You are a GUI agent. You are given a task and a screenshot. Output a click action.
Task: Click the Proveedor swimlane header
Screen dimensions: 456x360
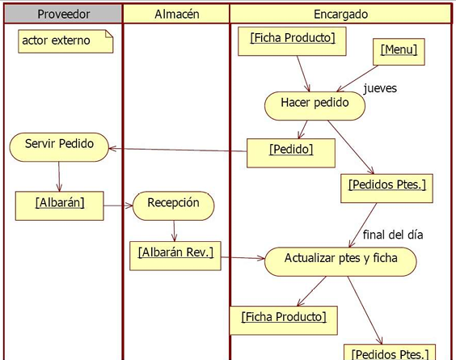click(63, 14)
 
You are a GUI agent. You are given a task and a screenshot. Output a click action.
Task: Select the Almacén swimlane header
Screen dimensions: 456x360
click(176, 14)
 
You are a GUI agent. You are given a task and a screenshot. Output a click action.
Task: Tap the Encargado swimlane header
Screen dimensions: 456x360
click(340, 14)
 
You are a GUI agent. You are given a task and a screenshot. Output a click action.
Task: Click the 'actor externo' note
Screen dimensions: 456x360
click(65, 41)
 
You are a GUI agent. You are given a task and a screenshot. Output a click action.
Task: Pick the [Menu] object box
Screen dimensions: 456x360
click(399, 52)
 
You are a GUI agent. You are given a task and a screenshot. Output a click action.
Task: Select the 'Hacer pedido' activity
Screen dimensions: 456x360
click(315, 106)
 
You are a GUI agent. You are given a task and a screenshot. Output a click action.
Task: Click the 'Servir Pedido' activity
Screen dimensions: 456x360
click(59, 147)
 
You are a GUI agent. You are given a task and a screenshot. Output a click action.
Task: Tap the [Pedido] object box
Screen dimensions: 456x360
click(291, 153)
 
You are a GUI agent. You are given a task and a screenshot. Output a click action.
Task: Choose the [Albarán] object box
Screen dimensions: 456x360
click(59, 205)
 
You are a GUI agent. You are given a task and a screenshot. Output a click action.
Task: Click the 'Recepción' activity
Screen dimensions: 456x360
click(174, 205)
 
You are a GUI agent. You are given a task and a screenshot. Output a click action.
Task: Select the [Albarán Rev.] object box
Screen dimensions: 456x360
click(175, 256)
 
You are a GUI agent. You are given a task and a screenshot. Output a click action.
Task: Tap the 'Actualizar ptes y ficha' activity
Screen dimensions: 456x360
click(340, 261)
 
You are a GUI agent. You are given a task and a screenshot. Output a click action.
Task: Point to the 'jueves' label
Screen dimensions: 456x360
click(380, 88)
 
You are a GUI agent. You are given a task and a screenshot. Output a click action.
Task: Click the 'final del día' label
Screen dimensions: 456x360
click(393, 235)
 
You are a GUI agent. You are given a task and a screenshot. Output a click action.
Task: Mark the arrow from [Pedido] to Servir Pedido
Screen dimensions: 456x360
click(178, 150)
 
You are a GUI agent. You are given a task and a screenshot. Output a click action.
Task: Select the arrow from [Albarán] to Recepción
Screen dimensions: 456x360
click(118, 205)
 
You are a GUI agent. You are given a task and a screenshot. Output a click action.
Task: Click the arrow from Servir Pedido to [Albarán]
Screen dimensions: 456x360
click(59, 176)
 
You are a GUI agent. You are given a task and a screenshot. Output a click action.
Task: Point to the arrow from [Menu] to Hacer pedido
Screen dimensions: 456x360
click(357, 78)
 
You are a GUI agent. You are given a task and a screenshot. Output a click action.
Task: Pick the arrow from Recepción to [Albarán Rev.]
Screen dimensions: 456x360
click(174, 231)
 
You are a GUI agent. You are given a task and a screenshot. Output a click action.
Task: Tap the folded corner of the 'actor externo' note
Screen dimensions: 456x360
click(110, 33)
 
